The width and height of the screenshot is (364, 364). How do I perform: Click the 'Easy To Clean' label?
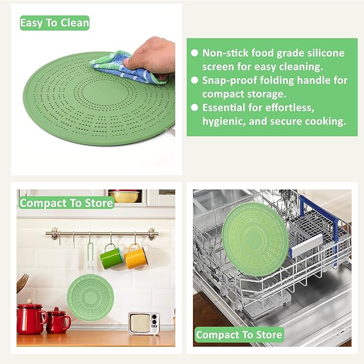(54, 23)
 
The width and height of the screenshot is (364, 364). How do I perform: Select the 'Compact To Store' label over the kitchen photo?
(66, 203)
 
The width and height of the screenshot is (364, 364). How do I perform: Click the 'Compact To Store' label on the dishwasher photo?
(239, 335)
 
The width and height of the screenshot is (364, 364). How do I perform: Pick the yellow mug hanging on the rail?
(136, 257)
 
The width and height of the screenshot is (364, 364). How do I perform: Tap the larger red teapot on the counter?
(31, 318)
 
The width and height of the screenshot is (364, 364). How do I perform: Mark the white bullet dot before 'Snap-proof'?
(195, 80)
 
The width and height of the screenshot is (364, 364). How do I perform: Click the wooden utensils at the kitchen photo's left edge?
(22, 284)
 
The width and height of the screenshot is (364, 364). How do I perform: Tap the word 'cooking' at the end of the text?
(324, 122)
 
